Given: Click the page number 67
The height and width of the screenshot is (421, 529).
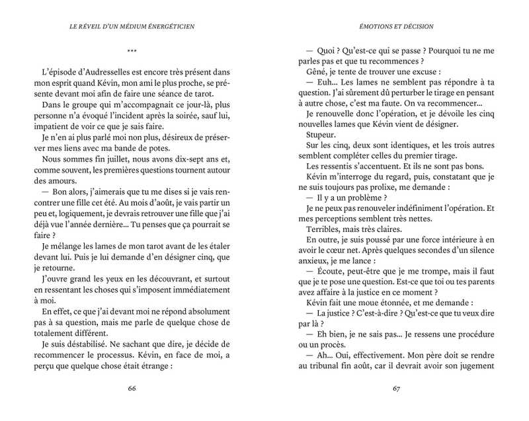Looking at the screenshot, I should (397, 388).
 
